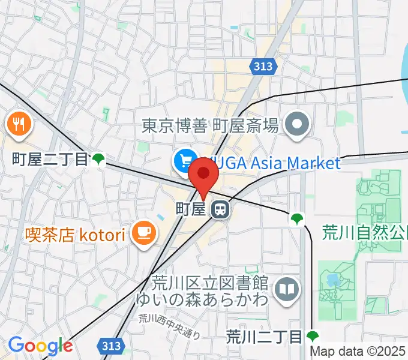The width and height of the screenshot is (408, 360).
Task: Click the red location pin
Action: click(x=203, y=175)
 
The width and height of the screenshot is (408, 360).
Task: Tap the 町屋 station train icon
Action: click(x=220, y=209)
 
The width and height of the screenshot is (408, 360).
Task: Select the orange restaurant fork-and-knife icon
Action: click(x=19, y=124)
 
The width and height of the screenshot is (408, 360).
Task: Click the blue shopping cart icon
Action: click(x=184, y=161)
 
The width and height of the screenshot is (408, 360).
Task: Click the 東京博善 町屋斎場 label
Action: click(x=210, y=125)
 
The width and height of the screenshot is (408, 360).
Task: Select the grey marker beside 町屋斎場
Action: click(x=296, y=125)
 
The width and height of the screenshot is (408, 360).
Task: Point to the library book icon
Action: click(x=287, y=290)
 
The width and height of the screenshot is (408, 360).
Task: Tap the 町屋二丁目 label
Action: click(x=50, y=159)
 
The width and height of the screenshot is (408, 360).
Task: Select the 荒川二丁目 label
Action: click(x=264, y=337)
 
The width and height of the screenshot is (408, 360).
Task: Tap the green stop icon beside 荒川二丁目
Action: click(x=312, y=336)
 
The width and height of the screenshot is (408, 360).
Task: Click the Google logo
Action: click(x=40, y=346)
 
